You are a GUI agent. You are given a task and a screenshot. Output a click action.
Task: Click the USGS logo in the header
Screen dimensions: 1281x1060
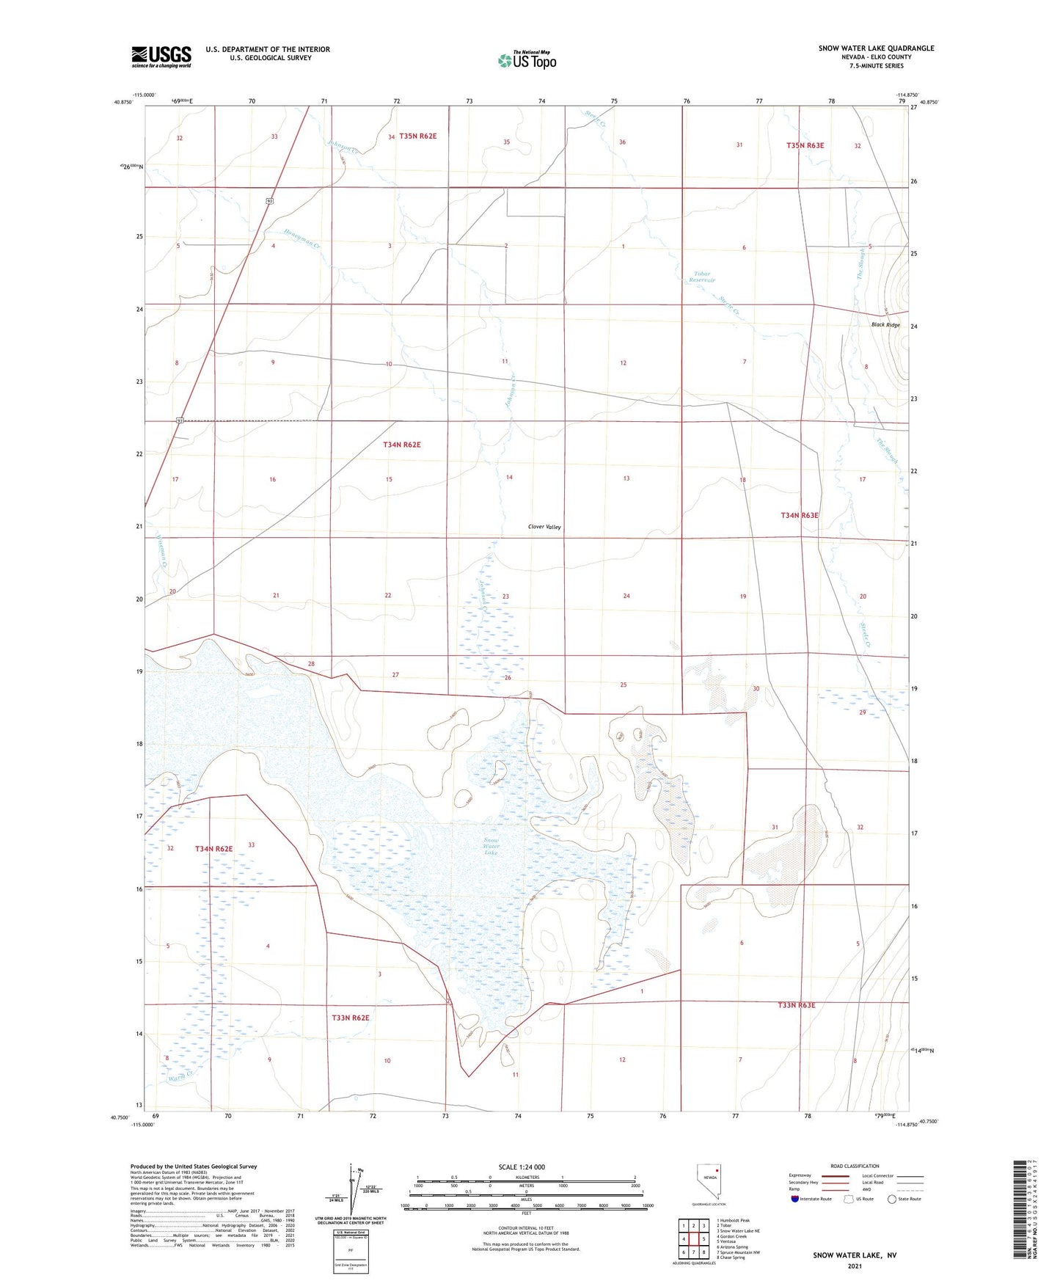click(161, 56)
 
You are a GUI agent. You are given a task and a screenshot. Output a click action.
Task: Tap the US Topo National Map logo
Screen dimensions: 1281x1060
click(527, 60)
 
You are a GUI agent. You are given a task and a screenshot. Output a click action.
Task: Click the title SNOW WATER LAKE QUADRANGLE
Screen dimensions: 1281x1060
click(876, 48)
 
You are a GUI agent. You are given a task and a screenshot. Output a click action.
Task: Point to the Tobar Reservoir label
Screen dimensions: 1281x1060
click(702, 277)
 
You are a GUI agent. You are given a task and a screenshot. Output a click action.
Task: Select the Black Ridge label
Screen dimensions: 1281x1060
click(885, 324)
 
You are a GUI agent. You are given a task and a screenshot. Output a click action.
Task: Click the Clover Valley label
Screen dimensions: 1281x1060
click(544, 527)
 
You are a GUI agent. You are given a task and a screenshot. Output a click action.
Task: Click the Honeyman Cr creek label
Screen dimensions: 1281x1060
click(302, 239)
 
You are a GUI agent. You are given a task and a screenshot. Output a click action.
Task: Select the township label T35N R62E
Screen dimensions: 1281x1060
click(417, 136)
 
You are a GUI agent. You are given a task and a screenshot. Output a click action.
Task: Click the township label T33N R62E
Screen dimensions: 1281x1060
click(350, 1018)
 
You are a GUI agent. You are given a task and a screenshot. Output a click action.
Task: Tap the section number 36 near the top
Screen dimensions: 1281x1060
click(622, 142)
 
